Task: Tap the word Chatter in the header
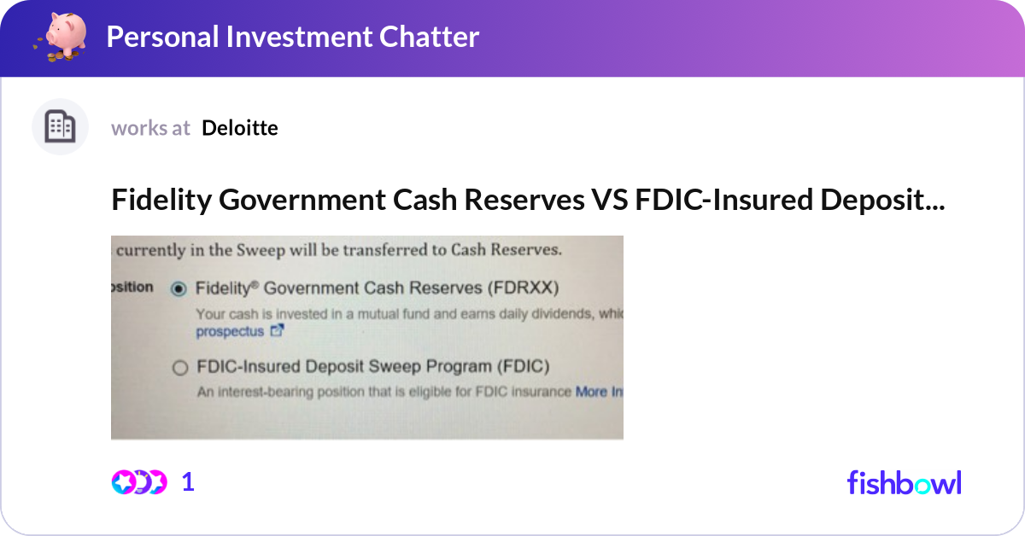(429, 37)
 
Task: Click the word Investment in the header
(299, 37)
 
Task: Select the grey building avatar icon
(60, 126)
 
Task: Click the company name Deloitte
(240, 128)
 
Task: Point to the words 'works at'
(150, 128)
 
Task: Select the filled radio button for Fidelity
(179, 289)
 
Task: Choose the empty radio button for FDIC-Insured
(180, 368)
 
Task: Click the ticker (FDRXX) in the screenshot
(523, 288)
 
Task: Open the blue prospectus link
(230, 331)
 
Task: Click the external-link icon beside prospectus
(277, 329)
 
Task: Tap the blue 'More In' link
(599, 392)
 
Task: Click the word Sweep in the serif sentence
(261, 250)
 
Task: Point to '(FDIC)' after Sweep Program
(524, 367)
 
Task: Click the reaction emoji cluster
(139, 482)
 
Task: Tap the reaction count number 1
(188, 482)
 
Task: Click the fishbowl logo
(905, 482)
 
